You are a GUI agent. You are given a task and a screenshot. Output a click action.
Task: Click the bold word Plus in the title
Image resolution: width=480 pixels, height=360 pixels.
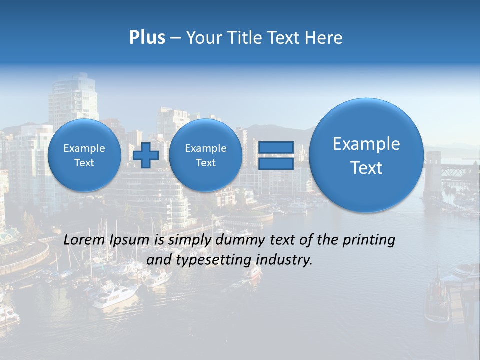click(147, 38)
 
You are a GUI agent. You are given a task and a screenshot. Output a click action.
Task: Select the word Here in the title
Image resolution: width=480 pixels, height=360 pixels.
click(325, 38)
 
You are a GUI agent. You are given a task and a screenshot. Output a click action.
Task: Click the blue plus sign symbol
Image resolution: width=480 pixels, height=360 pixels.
click(146, 155)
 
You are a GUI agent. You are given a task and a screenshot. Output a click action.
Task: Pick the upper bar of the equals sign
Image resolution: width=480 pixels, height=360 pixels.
click(275, 147)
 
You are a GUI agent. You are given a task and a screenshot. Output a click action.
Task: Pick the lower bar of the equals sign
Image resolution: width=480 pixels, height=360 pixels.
click(275, 164)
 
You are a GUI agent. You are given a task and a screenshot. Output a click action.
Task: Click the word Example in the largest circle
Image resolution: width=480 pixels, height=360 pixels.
click(366, 144)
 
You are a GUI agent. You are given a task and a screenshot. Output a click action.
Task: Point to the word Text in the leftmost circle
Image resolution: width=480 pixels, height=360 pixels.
click(84, 163)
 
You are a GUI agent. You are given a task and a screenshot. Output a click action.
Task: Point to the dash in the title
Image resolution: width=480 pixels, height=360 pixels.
click(175, 38)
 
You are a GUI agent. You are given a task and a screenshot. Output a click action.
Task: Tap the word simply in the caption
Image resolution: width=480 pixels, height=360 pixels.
click(190, 240)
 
